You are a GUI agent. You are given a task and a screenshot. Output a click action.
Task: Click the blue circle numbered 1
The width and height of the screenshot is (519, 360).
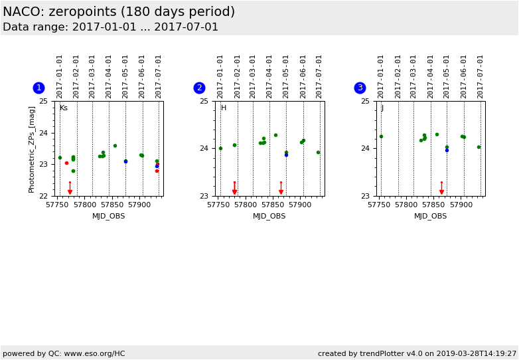[38, 88]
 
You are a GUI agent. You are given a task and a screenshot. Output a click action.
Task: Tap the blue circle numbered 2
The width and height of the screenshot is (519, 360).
[199, 88]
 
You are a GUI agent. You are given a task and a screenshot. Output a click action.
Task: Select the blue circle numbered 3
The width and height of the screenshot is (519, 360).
[360, 88]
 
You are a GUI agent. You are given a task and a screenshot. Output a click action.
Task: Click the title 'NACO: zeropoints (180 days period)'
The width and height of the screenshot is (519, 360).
[119, 12]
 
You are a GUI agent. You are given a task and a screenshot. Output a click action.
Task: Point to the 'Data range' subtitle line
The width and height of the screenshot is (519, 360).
[110, 27]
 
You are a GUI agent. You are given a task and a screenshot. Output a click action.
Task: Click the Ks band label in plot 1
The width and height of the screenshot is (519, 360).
[64, 108]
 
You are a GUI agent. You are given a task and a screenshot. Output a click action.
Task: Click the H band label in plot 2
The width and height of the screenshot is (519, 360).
[224, 108]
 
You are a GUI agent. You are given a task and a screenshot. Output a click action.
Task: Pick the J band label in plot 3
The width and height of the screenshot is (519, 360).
[382, 108]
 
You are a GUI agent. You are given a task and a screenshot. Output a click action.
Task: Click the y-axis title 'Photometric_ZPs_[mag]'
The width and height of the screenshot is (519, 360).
[32, 149]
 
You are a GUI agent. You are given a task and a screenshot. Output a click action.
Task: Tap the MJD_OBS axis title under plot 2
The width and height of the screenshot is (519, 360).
[269, 216]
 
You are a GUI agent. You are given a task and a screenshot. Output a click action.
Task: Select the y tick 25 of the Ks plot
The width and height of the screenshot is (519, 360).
[43, 101]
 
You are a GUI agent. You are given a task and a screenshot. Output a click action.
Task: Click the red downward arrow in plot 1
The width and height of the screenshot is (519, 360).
[70, 191]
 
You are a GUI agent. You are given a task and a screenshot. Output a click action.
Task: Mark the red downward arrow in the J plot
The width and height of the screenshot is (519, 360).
[441, 191]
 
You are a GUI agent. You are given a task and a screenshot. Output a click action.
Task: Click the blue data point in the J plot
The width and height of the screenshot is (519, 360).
[447, 150]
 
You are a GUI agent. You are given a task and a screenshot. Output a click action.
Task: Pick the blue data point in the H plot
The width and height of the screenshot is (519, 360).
[286, 155]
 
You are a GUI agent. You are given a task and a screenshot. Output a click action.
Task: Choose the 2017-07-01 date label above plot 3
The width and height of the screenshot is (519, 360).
[480, 76]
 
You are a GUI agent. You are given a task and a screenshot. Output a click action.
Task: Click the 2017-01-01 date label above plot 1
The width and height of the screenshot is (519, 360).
[60, 76]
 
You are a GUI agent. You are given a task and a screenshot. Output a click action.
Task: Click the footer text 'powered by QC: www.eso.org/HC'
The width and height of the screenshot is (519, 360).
[64, 353]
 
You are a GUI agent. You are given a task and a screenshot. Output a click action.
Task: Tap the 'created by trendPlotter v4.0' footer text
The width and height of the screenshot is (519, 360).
[417, 353]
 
